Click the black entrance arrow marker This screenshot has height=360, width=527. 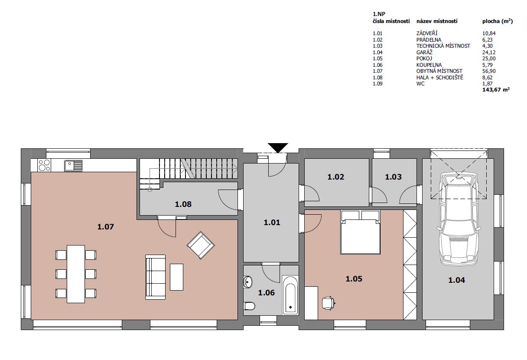click(x=278, y=147)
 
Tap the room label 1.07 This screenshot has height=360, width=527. click(x=105, y=227)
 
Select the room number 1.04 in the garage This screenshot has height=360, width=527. click(x=456, y=280)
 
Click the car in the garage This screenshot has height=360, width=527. click(x=459, y=219)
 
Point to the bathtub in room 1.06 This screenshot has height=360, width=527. click(x=290, y=295)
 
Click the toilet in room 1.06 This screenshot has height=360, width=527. click(x=249, y=306)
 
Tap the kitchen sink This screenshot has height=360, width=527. click(x=73, y=166)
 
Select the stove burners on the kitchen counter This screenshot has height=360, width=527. click(x=44, y=165)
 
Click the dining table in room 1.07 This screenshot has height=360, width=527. click(x=76, y=274)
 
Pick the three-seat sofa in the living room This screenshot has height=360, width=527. click(x=155, y=277)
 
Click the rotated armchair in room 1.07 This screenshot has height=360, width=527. click(x=201, y=245)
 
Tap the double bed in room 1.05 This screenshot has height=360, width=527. click(x=360, y=232)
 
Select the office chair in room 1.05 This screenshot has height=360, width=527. click(x=329, y=303)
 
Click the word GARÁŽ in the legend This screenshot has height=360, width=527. click(x=424, y=52)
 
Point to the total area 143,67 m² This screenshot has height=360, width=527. click(x=496, y=90)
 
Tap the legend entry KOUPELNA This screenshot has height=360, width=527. click(x=429, y=65)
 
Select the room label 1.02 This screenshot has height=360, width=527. click(x=336, y=177)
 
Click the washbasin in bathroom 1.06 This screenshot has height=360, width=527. click(x=248, y=281)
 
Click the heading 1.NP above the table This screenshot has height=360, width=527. click(x=379, y=14)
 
